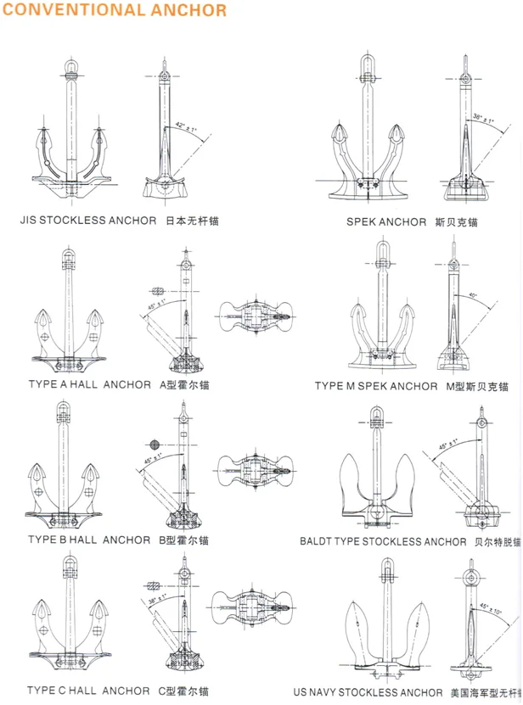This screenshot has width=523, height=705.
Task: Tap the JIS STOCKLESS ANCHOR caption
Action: coord(88,221)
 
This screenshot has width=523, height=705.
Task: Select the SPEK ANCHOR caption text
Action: coord(386,222)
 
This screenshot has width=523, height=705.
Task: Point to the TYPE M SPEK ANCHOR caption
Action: coord(376,386)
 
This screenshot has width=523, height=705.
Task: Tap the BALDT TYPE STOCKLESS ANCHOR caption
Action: coord(383,540)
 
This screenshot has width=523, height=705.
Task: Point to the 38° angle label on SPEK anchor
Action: coord(483,118)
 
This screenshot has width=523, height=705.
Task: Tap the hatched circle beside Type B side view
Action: coord(154,445)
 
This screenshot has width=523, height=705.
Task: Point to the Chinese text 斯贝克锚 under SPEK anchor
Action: coord(455,222)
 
